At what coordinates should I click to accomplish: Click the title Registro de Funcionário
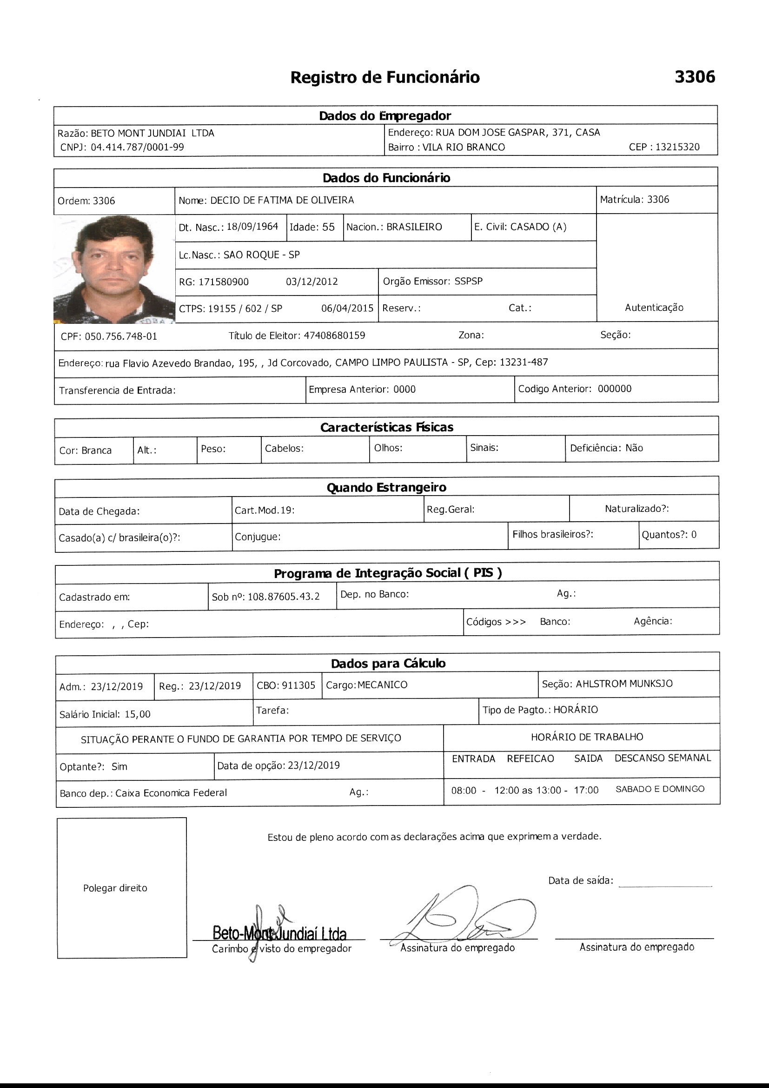pos(384,77)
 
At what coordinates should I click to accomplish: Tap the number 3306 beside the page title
pos(694,77)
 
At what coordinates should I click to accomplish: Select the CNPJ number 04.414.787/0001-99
pos(137,148)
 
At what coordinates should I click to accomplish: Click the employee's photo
pos(114,269)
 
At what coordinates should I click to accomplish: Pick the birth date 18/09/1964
pos(252,227)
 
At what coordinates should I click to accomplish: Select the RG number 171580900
pos(223,282)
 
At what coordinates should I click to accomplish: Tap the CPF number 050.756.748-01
pos(121,336)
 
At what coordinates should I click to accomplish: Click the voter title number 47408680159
pos(334,336)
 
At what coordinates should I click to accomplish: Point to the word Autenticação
pos(654,308)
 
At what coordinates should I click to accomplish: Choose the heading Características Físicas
pos(386,427)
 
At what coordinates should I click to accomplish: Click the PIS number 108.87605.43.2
pos(284,597)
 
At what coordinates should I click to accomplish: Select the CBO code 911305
pos(298,685)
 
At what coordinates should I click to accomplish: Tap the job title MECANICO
pos(382,685)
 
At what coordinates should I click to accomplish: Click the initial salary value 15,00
pos(137,714)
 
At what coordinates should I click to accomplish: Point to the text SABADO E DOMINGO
pos(660,789)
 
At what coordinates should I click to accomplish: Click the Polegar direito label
pos(115,888)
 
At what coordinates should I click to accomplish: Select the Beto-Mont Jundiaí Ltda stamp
pos(279,933)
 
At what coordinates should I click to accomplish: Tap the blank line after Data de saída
pos(665,885)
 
